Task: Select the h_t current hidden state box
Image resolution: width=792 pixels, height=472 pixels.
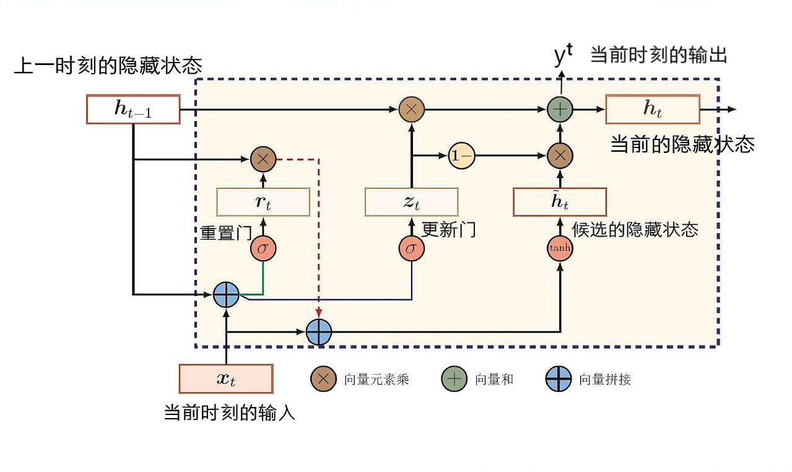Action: click(x=653, y=109)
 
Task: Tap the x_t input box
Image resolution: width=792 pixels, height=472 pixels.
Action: click(x=226, y=379)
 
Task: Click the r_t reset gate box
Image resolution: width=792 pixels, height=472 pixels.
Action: click(x=263, y=202)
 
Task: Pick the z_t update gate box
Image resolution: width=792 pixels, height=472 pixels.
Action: click(x=411, y=202)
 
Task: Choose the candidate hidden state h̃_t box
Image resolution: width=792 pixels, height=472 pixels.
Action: click(x=560, y=201)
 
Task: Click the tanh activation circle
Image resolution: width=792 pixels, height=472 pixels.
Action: click(x=560, y=248)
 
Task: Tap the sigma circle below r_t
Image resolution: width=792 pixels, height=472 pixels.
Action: click(x=263, y=249)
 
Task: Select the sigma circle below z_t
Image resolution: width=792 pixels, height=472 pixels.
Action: click(x=411, y=249)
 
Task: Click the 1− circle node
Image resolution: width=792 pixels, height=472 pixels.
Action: click(x=461, y=156)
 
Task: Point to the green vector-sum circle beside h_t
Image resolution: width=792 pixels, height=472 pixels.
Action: click(x=560, y=110)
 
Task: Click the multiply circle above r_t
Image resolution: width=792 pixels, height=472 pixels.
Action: click(x=263, y=159)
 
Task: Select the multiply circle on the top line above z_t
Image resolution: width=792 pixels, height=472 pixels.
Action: click(x=411, y=110)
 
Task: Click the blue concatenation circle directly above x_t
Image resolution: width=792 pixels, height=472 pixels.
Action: click(x=226, y=295)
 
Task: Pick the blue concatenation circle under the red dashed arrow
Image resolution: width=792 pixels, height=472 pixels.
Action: click(x=319, y=332)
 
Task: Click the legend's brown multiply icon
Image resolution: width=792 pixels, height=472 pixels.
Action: click(x=323, y=379)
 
